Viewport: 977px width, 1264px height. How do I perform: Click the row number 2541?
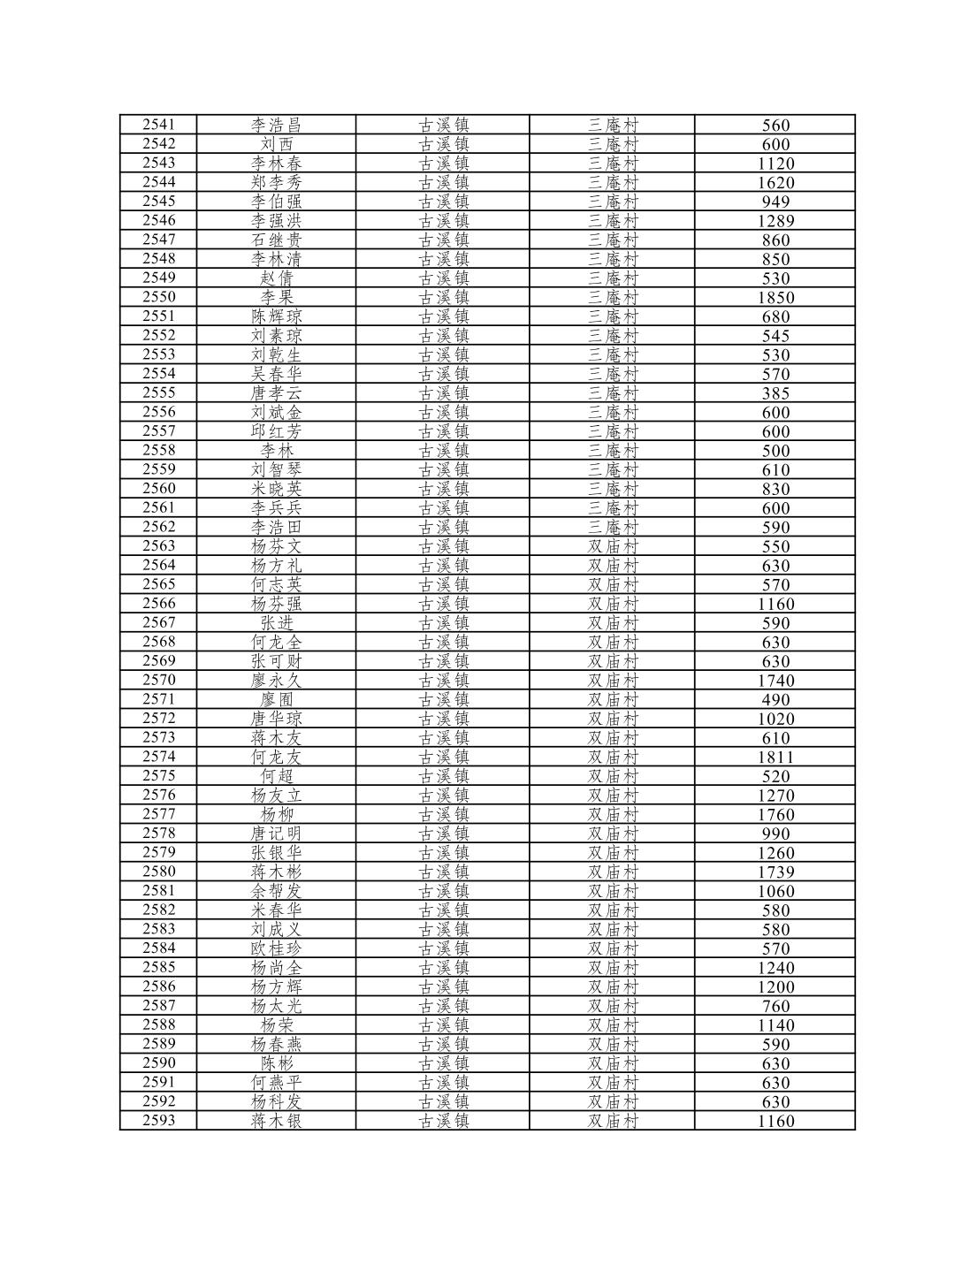coord(158,125)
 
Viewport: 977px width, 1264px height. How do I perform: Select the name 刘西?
coord(277,144)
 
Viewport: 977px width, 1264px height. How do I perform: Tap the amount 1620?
coord(775,183)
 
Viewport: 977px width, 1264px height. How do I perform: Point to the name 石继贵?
coord(277,240)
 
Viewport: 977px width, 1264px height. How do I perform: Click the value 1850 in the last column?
coord(775,298)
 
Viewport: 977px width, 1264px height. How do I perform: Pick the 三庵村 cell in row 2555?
coord(613,393)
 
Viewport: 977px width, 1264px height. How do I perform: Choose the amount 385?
coord(775,393)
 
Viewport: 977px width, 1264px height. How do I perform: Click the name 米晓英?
coord(277,489)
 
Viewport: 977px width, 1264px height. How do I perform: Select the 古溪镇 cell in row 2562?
coord(443,527)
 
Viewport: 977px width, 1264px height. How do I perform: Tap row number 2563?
coord(158,546)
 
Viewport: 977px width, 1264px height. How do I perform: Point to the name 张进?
coord(277,622)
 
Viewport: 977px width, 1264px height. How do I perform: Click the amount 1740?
coord(775,681)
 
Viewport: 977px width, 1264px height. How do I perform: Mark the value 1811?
coord(775,757)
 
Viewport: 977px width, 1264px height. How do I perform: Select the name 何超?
coord(277,776)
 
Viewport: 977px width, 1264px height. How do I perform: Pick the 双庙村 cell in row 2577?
coord(613,814)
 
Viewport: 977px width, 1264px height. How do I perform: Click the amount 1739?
coord(775,872)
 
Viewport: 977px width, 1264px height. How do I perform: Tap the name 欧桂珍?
coord(277,948)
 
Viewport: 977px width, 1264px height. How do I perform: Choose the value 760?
coord(775,1006)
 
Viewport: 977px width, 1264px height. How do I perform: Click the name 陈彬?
coord(277,1063)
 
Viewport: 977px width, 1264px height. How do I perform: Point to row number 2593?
coord(158,1121)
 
